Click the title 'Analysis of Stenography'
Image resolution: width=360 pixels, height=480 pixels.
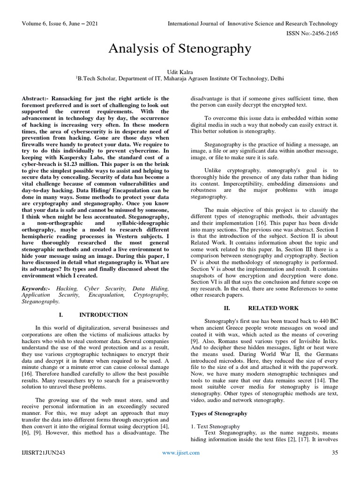click(180, 48)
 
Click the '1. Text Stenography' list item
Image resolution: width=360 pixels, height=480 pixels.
click(216, 426)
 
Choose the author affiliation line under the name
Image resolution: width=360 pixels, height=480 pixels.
click(180, 79)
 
